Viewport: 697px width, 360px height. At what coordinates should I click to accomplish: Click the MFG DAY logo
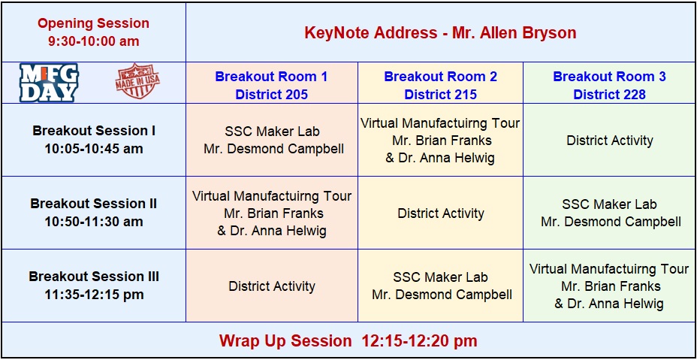tap(49, 83)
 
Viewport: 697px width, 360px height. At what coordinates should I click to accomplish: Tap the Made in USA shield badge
tap(137, 80)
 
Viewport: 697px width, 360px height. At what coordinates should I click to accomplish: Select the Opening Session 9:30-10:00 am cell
tap(93, 32)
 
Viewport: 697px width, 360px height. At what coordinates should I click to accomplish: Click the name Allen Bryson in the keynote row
tap(514, 32)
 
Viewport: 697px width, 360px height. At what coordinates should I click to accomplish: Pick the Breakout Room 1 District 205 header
tap(272, 85)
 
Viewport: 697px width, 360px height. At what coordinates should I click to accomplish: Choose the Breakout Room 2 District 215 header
tap(441, 85)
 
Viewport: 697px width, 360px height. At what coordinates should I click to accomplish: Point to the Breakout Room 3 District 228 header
tap(609, 85)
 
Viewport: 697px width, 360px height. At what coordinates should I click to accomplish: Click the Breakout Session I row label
tap(93, 140)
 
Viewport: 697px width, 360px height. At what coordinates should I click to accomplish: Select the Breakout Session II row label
tap(93, 213)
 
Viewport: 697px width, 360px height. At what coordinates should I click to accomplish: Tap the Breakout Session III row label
tap(93, 286)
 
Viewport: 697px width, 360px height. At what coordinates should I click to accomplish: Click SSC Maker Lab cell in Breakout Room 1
tap(272, 140)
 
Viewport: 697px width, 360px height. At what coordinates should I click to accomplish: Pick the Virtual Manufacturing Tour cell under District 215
tap(441, 140)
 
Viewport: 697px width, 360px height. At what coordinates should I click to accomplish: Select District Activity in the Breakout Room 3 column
tap(609, 140)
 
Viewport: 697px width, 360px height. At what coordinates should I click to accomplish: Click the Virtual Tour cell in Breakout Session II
tap(272, 213)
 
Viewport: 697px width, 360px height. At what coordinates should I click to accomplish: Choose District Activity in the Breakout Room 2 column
tap(441, 213)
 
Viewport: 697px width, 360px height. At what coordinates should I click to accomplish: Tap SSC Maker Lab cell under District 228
tap(609, 213)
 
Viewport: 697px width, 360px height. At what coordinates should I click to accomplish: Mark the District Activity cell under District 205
tap(272, 286)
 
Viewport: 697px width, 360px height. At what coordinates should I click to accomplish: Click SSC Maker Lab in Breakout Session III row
tap(441, 286)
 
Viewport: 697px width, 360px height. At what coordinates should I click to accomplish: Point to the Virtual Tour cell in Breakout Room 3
tap(609, 286)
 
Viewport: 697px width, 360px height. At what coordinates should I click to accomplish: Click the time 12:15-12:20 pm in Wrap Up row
tap(419, 341)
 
